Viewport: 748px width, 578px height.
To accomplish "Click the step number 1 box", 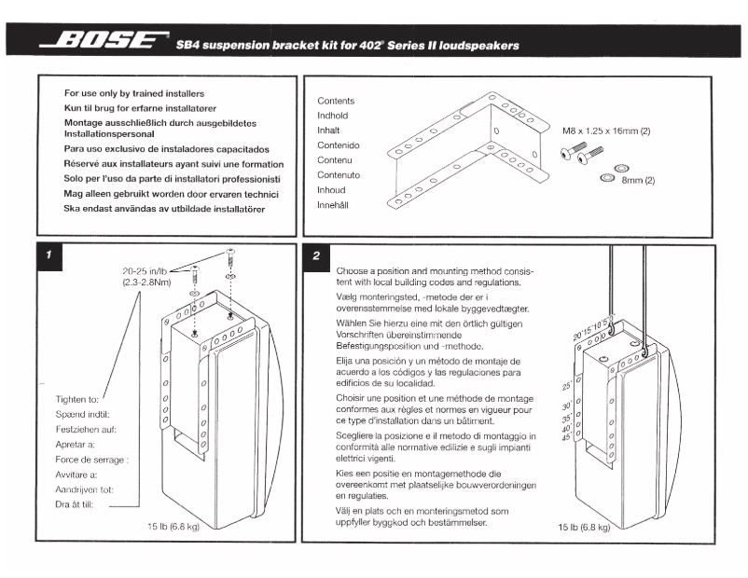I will (x=48, y=254).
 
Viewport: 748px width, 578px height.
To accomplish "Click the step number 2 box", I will (x=317, y=255).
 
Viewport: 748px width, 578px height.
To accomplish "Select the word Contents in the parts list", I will (x=336, y=101).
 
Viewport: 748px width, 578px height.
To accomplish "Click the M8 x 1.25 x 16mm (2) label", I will (x=606, y=132).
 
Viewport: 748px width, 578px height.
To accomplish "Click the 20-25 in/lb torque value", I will (x=145, y=270).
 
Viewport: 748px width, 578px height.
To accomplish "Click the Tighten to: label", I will (x=77, y=399).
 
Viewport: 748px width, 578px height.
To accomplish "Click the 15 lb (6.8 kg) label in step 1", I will (x=173, y=528).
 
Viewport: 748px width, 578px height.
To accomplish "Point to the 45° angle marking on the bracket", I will (x=567, y=437).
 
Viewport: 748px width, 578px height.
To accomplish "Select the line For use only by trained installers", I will (x=134, y=94).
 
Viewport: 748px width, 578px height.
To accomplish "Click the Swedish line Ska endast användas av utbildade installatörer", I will (x=165, y=210).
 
